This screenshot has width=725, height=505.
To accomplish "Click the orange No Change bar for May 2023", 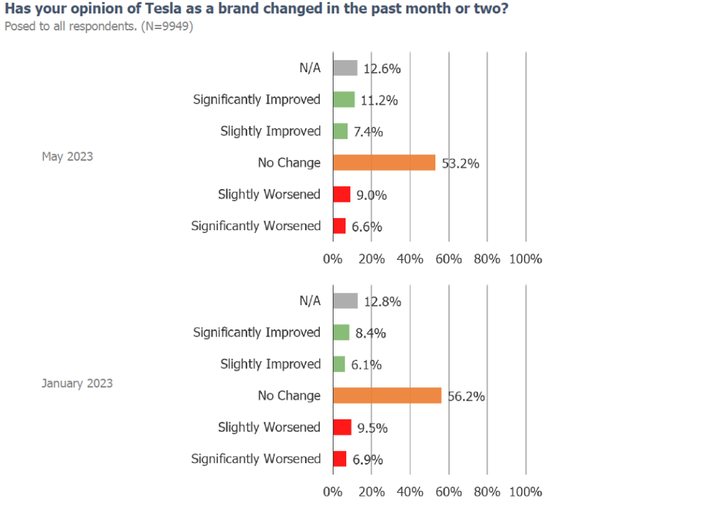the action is (x=384, y=163).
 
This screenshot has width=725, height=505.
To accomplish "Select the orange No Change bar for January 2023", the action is (x=387, y=396).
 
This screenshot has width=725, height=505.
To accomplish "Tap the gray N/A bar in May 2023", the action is (x=346, y=68).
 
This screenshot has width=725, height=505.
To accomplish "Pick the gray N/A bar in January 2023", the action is (x=346, y=301).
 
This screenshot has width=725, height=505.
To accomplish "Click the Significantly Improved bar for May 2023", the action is (x=344, y=99).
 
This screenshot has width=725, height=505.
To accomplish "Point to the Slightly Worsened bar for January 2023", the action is (x=342, y=427).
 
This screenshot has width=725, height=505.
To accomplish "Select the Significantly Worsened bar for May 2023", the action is (x=339, y=226).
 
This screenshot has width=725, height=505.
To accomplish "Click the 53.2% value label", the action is (x=460, y=164).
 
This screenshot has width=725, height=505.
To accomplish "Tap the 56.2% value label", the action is (x=467, y=397).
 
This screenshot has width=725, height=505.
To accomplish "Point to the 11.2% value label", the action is (x=379, y=101).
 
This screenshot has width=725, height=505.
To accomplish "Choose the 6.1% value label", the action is (x=366, y=365).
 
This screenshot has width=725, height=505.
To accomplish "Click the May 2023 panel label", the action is (x=67, y=157).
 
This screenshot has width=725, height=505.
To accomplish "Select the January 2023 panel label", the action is (x=77, y=383).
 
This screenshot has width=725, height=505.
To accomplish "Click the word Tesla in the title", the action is (x=164, y=8).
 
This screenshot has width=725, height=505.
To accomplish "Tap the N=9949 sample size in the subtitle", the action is (x=167, y=26).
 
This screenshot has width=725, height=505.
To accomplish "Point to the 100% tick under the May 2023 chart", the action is (x=526, y=259).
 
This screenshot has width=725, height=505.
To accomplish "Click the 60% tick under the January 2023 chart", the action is (x=448, y=492).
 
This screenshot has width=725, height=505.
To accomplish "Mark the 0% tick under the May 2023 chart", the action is (x=333, y=259).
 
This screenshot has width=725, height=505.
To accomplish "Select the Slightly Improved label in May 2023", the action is (x=270, y=131).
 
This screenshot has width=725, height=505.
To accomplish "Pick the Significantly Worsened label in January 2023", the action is (x=256, y=459).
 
